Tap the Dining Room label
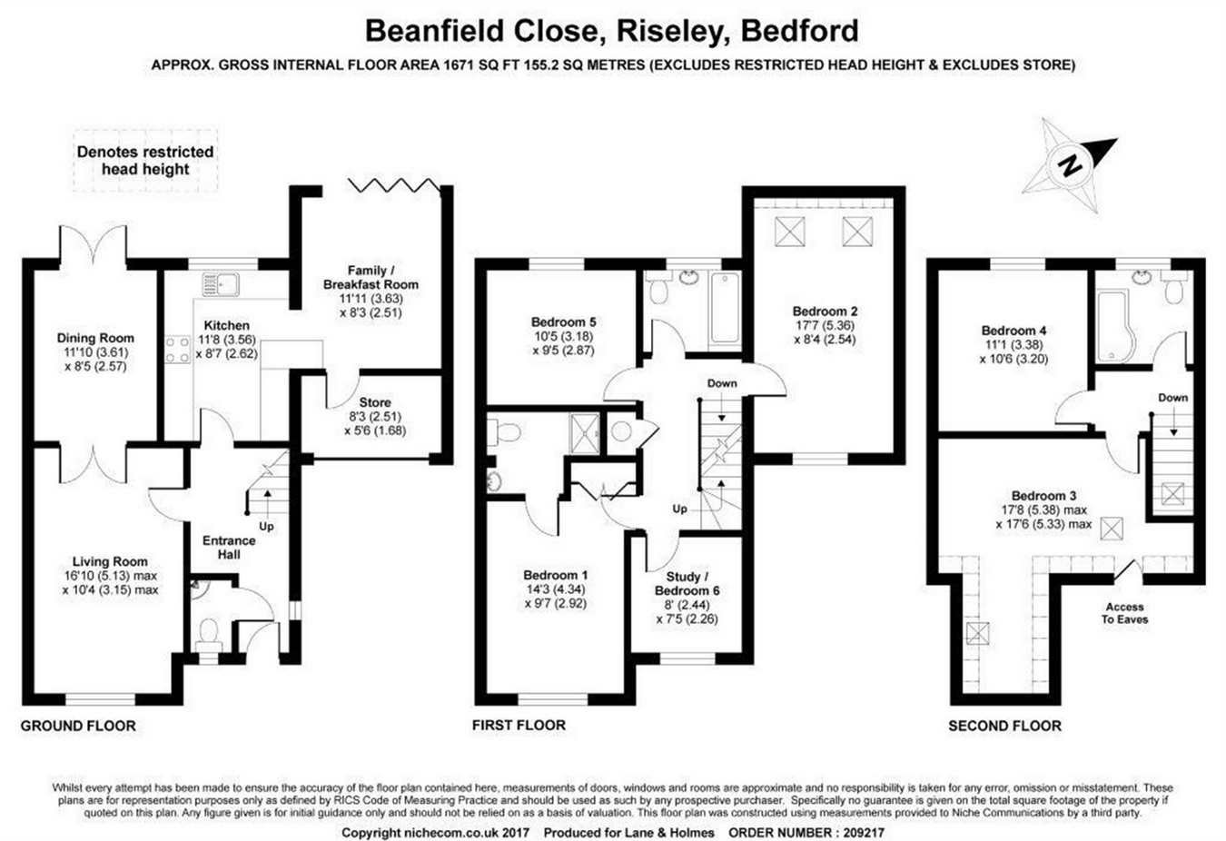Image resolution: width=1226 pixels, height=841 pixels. pos(95,339)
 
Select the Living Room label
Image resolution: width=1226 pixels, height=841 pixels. pos(110,561)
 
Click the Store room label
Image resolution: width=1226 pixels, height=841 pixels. pos(375,402)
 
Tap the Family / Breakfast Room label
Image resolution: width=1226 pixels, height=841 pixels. pos(371,277)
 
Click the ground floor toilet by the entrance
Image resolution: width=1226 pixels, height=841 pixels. pos(208,631)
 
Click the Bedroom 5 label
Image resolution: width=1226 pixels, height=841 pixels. pos(563,322)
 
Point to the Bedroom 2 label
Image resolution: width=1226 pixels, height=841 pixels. pos(825,311)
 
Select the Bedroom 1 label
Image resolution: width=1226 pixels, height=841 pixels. pos(555,575)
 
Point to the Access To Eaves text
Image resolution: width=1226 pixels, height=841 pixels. pos(1125,613)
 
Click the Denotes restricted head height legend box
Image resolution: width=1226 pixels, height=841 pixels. pos(145,161)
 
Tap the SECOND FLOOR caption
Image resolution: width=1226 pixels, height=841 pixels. pos(1004,726)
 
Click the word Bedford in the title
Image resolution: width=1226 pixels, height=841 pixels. pos(800,31)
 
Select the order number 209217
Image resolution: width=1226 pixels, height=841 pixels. pos(858,832)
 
